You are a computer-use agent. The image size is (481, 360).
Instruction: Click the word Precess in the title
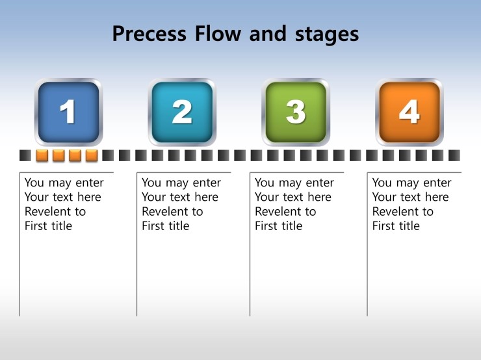pyautogui.click(x=149, y=34)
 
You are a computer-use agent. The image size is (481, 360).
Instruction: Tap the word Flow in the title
pyautogui.click(x=218, y=33)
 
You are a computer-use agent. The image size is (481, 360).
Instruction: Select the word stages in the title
pyautogui.click(x=327, y=35)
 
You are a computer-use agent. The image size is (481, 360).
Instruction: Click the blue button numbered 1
pyautogui.click(x=68, y=112)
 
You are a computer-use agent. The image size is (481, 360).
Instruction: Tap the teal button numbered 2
pyautogui.click(x=182, y=112)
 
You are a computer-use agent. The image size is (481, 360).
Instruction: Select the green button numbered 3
pyautogui.click(x=296, y=112)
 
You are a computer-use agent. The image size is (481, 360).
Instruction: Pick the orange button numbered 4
pyautogui.click(x=409, y=112)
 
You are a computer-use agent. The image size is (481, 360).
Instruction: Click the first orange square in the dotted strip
pyautogui.click(x=42, y=155)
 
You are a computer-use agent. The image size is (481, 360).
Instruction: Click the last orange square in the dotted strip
pyautogui.click(x=92, y=155)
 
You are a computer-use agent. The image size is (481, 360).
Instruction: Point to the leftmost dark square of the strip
pyautogui.click(x=25, y=155)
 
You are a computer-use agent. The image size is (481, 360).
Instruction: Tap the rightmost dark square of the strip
pyautogui.click(x=454, y=155)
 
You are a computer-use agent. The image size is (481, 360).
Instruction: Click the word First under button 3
pyautogui.click(x=266, y=226)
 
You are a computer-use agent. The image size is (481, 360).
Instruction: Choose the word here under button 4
pyautogui.click(x=437, y=197)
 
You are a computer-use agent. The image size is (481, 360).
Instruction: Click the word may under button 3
pyautogui.click(x=290, y=183)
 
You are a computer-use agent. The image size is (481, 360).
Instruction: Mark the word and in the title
pyautogui.click(x=268, y=33)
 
